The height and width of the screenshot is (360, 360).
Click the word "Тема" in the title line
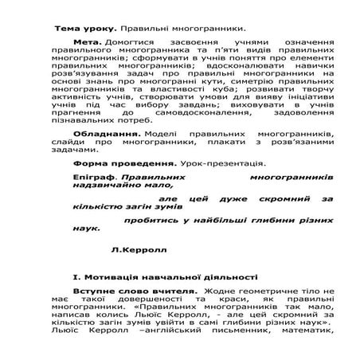point(68,28)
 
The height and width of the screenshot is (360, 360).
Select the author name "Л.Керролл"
point(132,250)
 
